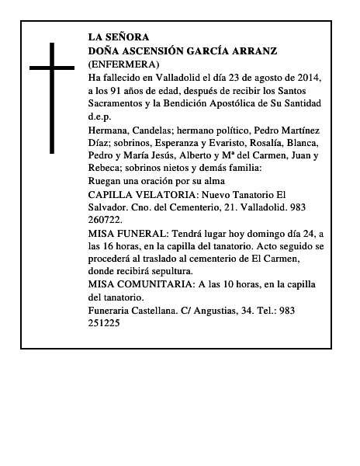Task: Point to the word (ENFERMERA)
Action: (x=124, y=64)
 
